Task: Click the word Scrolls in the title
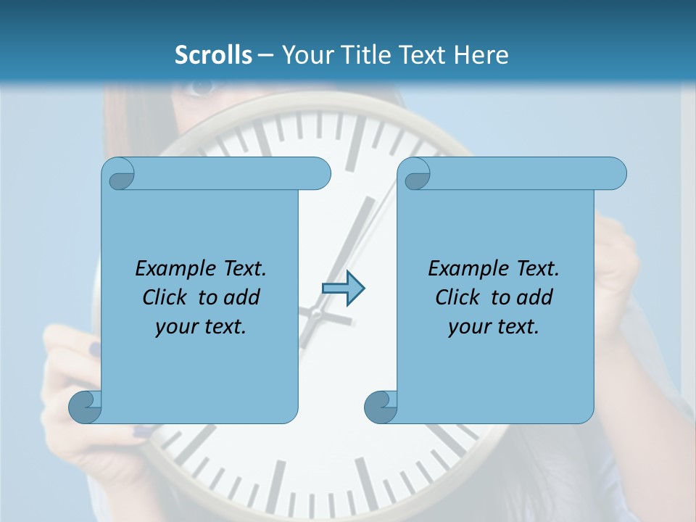coord(213,55)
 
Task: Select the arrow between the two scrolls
coord(343,289)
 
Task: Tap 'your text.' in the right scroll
coord(494,327)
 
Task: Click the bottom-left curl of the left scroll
coord(84,407)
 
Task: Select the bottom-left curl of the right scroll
coord(380,407)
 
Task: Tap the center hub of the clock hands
coord(316,313)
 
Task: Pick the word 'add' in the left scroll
coord(242,297)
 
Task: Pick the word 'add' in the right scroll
coord(535,297)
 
